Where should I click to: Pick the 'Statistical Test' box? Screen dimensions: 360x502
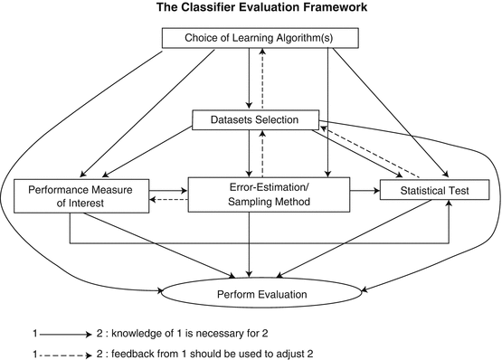(434, 191)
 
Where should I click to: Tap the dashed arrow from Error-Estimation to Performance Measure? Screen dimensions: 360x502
(169, 200)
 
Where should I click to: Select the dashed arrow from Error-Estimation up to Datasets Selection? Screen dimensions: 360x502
(262, 153)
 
